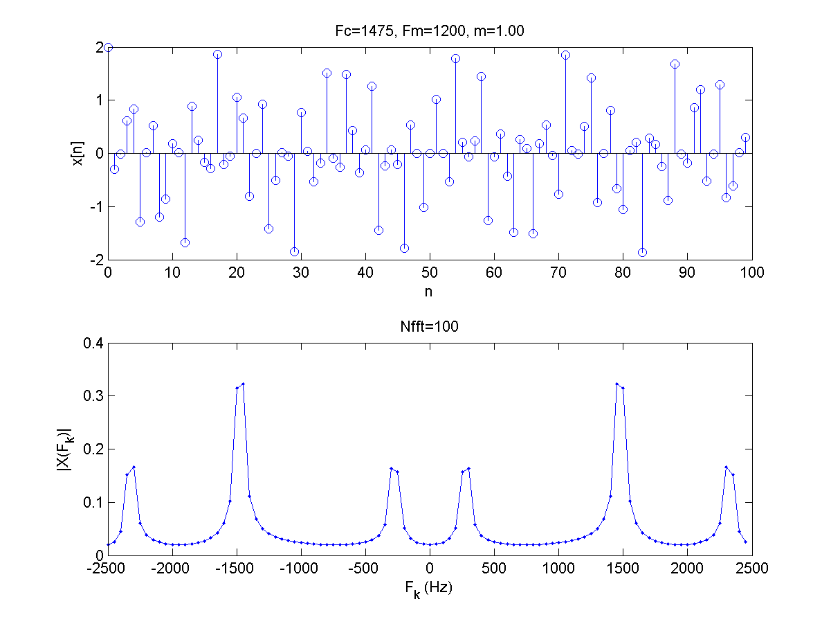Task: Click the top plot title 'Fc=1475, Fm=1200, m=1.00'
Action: pyautogui.click(x=429, y=30)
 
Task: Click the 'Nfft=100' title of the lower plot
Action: pyautogui.click(x=429, y=327)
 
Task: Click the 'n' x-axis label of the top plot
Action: pyautogui.click(x=429, y=292)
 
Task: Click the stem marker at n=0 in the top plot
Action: pyautogui.click(x=108, y=47)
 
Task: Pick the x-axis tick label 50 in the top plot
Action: pyautogui.click(x=430, y=273)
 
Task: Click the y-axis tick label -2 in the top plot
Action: pyautogui.click(x=95, y=259)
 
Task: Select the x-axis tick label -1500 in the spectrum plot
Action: pyautogui.click(x=237, y=569)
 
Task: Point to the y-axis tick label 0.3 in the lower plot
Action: pyautogui.click(x=93, y=396)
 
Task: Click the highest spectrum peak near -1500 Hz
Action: pyautogui.click(x=243, y=384)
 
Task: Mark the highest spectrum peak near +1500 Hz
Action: pyautogui.click(x=617, y=384)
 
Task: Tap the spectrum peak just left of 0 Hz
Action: pyautogui.click(x=392, y=468)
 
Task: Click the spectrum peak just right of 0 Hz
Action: pyautogui.click(x=468, y=468)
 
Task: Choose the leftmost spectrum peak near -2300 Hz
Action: pyautogui.click(x=134, y=467)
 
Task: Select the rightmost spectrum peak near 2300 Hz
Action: pyautogui.click(x=726, y=467)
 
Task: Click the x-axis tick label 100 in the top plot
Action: pyautogui.click(x=751, y=273)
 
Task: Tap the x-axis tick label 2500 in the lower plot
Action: pyautogui.click(x=751, y=569)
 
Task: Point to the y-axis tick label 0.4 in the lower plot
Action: pyautogui.click(x=93, y=343)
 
